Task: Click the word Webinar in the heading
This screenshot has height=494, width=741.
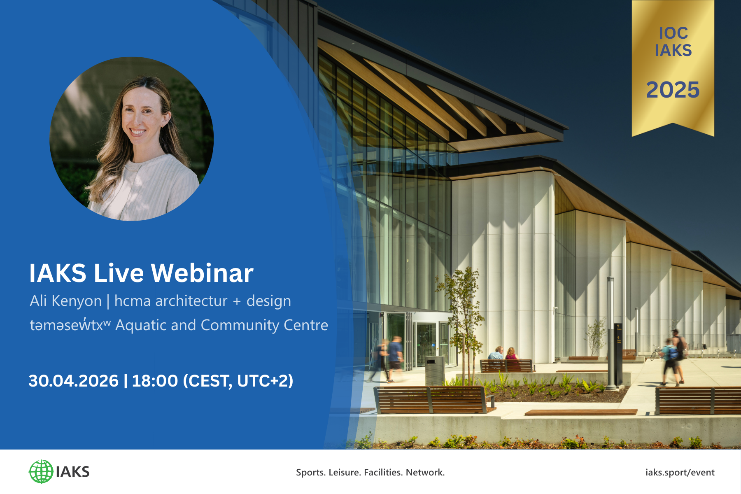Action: click(x=202, y=273)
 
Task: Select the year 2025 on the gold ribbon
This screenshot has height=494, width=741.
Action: click(x=673, y=90)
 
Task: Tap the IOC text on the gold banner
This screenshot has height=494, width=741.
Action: click(x=673, y=33)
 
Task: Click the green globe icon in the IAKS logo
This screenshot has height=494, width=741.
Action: click(x=41, y=472)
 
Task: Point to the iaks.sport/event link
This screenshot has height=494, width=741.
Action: click(x=680, y=472)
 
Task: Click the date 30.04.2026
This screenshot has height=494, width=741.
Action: click(x=73, y=381)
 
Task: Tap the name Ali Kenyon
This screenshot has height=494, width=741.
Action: click(x=65, y=301)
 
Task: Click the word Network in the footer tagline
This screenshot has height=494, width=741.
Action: click(x=424, y=472)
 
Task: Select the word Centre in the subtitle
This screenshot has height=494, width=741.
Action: click(x=306, y=325)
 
